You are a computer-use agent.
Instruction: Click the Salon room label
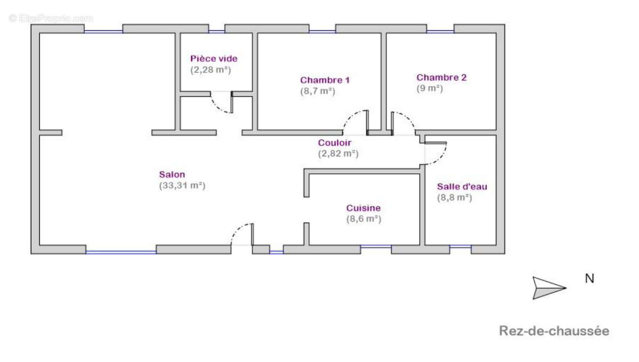click(172, 174)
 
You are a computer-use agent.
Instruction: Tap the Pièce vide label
click(214, 59)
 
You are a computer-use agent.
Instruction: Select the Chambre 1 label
click(325, 80)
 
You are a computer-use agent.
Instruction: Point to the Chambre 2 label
click(441, 77)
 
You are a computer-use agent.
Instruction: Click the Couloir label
click(334, 142)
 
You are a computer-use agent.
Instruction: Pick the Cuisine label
click(363, 208)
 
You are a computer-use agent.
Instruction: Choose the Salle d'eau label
click(462, 187)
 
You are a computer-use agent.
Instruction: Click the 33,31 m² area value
click(182, 186)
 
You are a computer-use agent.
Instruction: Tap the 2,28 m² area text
click(211, 69)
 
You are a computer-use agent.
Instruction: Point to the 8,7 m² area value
click(317, 91)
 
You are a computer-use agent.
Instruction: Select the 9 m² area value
click(429, 88)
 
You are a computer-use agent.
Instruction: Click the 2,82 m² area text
click(338, 153)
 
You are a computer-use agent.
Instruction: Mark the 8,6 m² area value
click(363, 219)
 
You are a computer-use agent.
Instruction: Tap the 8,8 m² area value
click(454, 197)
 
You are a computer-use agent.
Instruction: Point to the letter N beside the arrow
click(589, 278)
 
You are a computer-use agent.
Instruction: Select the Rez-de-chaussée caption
click(554, 331)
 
